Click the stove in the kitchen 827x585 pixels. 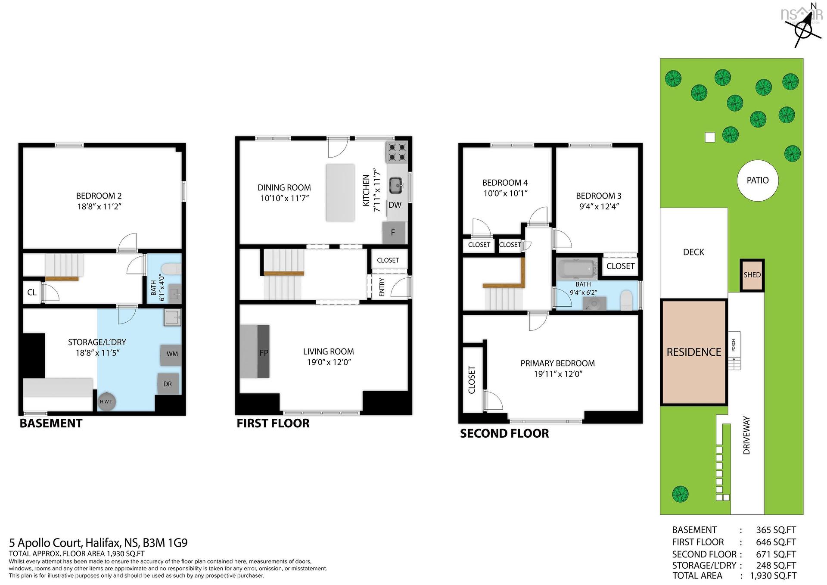[x=396, y=152]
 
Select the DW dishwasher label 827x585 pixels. [x=395, y=205]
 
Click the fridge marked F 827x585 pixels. [x=394, y=233]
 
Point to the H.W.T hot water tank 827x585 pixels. [x=106, y=401]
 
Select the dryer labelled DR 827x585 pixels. [x=168, y=383]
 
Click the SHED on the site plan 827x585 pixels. [x=752, y=275]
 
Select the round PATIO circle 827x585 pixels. [x=758, y=180]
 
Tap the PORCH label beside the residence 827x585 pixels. [x=734, y=345]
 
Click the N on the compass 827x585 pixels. [x=813, y=6]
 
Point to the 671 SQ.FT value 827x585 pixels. [x=776, y=554]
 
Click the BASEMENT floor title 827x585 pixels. [x=51, y=423]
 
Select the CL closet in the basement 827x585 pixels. [x=32, y=292]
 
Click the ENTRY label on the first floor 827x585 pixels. [x=382, y=287]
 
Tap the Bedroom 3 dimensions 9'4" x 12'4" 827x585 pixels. [x=599, y=207]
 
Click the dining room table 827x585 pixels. [x=340, y=193]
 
